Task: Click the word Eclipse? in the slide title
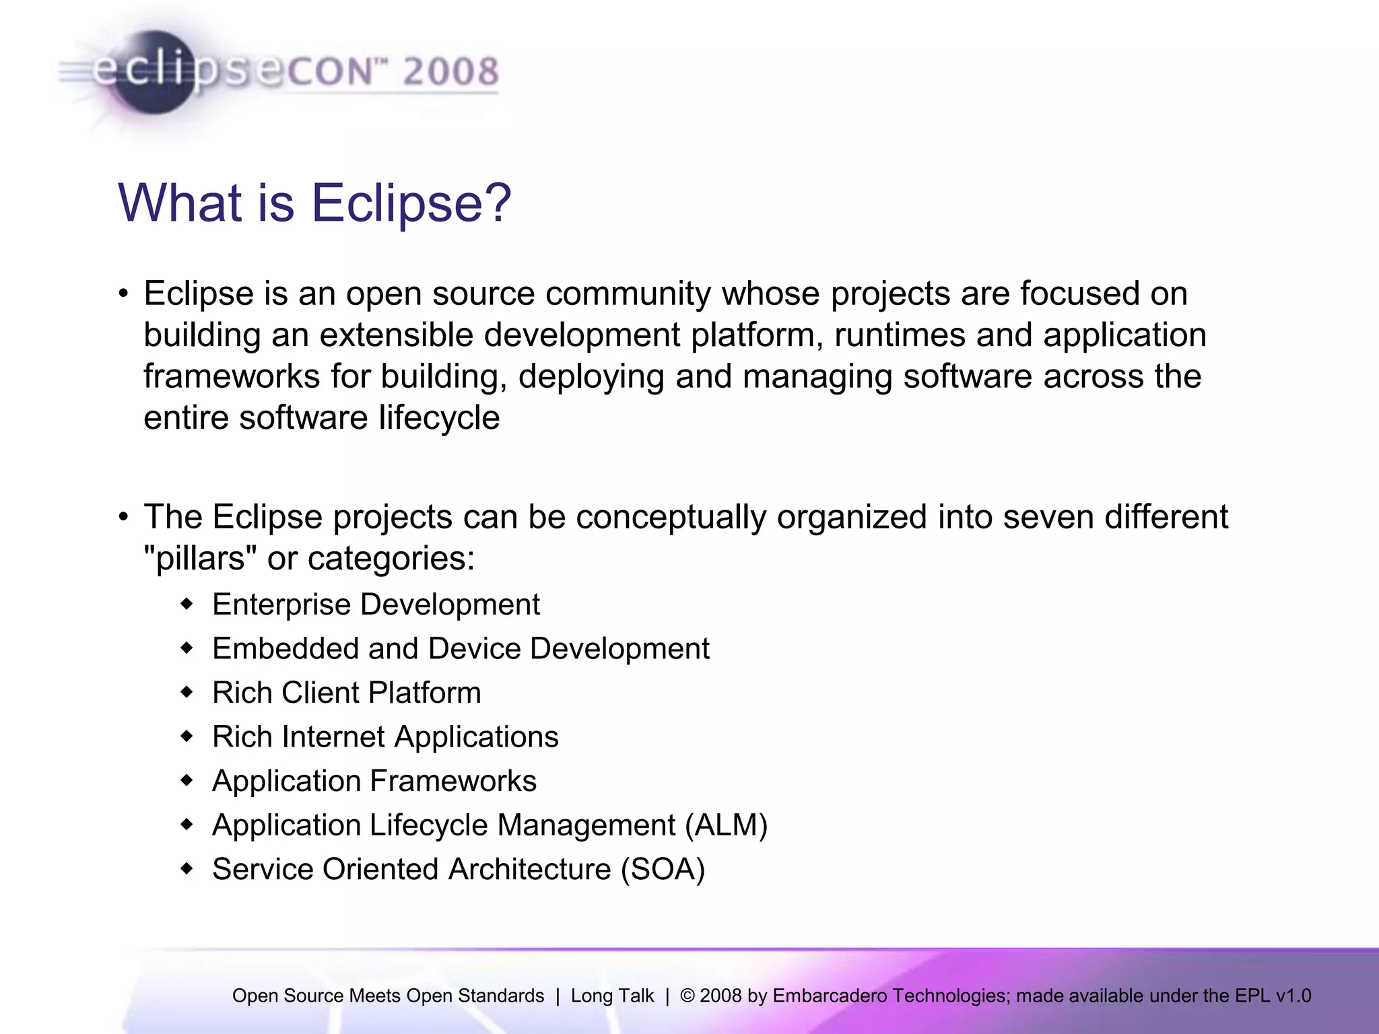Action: (x=411, y=203)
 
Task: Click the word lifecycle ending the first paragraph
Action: (x=438, y=418)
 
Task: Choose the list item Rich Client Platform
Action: (x=347, y=693)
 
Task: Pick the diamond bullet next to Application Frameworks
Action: (x=187, y=781)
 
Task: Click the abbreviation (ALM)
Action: (x=726, y=825)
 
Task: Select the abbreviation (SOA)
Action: (x=663, y=869)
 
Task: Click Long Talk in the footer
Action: (x=612, y=996)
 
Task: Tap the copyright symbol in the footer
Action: (x=687, y=996)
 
